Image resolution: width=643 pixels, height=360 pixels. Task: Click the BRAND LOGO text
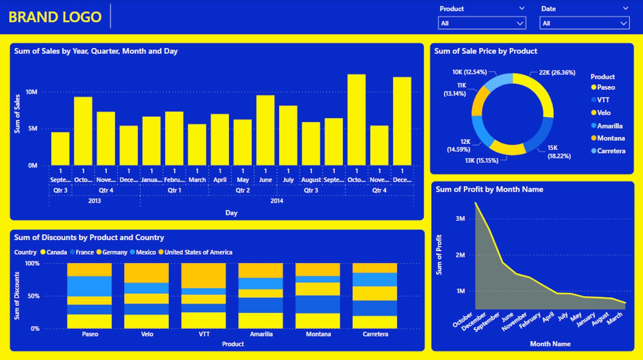pos(55,17)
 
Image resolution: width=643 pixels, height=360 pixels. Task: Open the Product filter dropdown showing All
pos(481,23)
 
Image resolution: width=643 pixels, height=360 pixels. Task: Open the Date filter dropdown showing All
pos(584,23)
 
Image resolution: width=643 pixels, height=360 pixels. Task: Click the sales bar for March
pos(197,145)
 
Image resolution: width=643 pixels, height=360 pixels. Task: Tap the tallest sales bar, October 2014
pos(356,120)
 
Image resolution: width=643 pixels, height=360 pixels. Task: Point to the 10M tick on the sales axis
pos(32,92)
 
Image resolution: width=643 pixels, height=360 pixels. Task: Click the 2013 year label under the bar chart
pos(94,201)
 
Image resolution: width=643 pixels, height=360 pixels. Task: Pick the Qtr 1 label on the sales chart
pos(175,190)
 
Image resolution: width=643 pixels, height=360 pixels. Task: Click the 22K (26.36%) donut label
pos(557,72)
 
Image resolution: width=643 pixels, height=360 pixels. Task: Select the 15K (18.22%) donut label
pos(559,152)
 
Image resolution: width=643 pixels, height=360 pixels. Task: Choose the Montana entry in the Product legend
pos(611,138)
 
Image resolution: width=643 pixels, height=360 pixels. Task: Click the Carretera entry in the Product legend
pos(611,151)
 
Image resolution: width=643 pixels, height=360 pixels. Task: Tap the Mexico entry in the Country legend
pos(145,252)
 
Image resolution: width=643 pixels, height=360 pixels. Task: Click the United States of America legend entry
pos(198,252)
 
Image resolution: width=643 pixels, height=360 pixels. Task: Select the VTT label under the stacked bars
pos(204,334)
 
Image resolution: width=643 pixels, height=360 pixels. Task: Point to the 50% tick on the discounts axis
pos(33,296)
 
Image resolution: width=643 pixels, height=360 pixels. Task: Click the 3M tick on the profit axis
pos(460,219)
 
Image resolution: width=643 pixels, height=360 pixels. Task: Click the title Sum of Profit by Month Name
pos(489,189)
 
